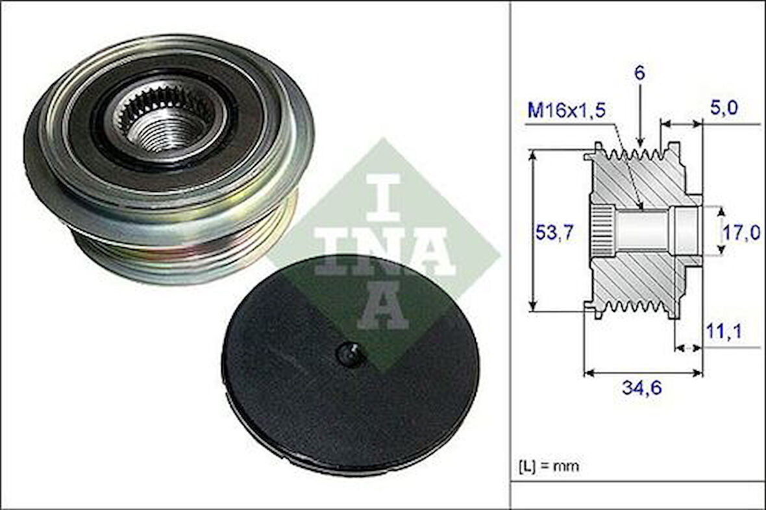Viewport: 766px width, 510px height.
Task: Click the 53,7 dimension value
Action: point(554,232)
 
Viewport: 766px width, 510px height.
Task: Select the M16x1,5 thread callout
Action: point(566,110)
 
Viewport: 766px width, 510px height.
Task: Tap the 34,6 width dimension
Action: point(641,389)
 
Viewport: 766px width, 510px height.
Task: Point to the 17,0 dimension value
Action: point(741,232)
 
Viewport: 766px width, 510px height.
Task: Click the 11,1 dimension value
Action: point(723,332)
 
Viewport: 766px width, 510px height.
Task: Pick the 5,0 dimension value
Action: point(723,108)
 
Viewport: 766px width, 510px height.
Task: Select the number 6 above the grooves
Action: point(639,74)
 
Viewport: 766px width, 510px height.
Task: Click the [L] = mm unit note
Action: point(548,466)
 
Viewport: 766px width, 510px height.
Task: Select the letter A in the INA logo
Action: point(383,305)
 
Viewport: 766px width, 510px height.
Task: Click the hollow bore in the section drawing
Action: point(643,230)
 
